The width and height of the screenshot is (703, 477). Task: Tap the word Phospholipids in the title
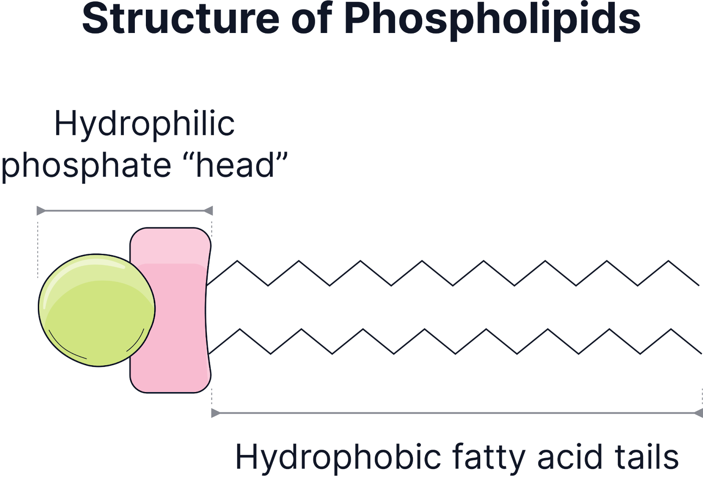point(492,20)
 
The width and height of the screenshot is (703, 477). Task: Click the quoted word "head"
point(241,165)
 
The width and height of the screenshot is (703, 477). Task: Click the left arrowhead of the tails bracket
point(215,413)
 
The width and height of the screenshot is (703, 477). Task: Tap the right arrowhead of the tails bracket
point(698,413)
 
